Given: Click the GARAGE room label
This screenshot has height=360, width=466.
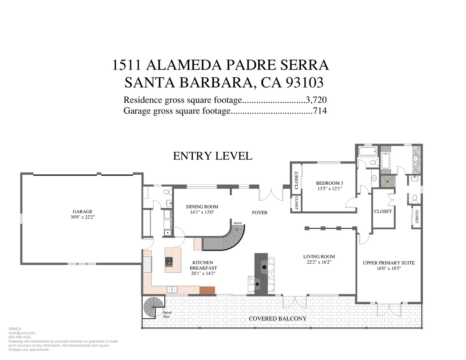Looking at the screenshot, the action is tap(83, 211).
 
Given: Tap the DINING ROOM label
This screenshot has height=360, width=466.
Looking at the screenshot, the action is tap(202, 207).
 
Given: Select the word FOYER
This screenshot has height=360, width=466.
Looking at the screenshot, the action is tap(260, 213).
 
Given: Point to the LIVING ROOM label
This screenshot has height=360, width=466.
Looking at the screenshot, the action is tap(319, 256).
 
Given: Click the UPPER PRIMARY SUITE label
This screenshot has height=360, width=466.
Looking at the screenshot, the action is tap(389, 263).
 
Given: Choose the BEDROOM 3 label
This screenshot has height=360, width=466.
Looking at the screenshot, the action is tap(329, 183).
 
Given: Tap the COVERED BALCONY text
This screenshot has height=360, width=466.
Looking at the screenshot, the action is tap(277, 319).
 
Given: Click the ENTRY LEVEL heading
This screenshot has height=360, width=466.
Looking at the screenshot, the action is tap(213, 156).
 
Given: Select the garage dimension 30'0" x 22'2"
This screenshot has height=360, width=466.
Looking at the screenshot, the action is tap(83, 217).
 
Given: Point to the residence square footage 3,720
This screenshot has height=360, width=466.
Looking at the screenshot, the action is tap(316, 100).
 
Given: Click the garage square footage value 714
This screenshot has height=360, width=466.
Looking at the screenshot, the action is tap(320, 111).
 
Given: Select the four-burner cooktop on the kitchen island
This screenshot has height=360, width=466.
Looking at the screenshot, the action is tap(169, 262).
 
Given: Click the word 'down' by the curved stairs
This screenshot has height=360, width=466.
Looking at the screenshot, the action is tap(238, 223).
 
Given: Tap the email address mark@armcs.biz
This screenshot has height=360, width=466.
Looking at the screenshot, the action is tap(21, 333).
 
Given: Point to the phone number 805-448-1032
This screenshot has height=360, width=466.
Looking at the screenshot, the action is tap(20, 337).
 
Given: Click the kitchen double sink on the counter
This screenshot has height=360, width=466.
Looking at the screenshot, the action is tap(172, 290).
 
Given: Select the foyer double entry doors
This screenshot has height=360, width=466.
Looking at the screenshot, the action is tap(271, 195).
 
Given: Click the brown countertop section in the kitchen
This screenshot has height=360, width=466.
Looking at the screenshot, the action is tap(207, 290).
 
